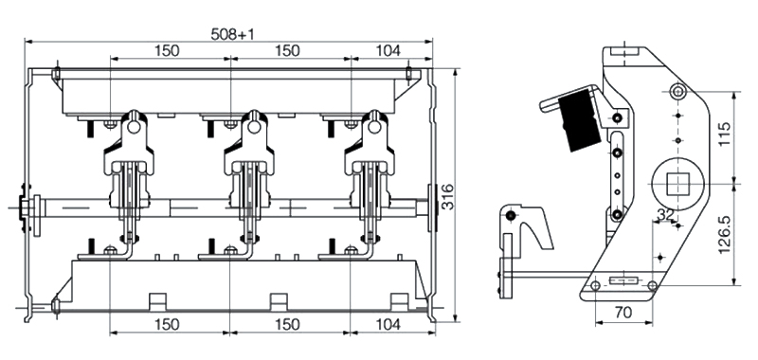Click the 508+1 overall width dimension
click(232, 34)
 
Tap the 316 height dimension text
click(447, 197)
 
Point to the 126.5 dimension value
click(724, 235)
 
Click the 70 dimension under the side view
click(623, 313)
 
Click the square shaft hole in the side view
click(677, 184)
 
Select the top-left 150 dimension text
click(167, 50)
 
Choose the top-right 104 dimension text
click(388, 50)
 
